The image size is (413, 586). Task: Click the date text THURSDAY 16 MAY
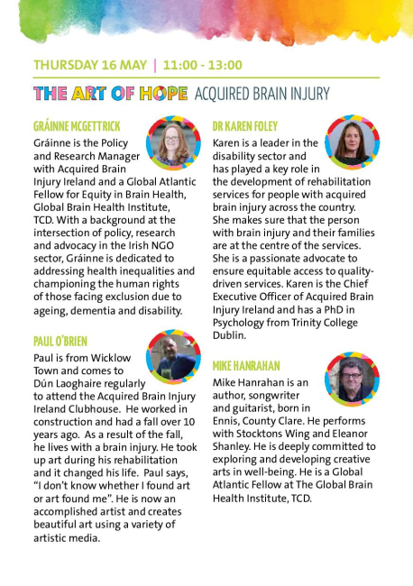pos(90,66)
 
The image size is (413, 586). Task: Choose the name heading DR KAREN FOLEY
pos(245,127)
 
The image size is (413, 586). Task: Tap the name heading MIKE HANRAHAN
pos(247,366)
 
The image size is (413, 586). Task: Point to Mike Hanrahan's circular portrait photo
pos(351,380)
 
